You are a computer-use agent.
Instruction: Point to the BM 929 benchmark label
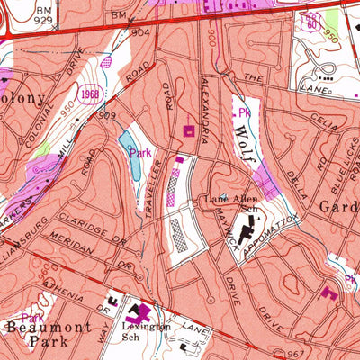pos(17,13)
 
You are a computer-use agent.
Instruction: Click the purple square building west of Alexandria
pos(189,131)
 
